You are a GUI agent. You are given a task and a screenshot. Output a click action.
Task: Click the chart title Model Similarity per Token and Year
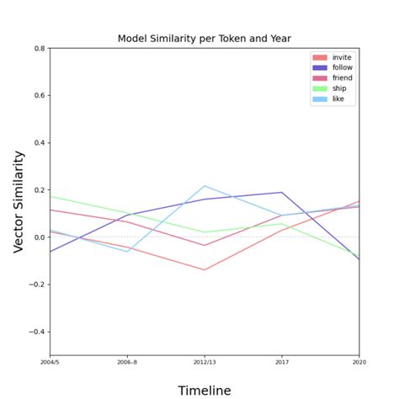204,39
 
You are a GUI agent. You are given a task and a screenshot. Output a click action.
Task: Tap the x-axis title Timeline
204,390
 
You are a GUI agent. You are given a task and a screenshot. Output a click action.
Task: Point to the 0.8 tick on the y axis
40,49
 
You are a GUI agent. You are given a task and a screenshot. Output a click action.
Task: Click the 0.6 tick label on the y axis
40,96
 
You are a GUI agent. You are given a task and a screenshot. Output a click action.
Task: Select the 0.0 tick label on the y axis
40,237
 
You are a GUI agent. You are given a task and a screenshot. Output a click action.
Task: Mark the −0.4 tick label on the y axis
38,332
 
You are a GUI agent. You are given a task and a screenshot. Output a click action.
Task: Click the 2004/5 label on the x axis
50,363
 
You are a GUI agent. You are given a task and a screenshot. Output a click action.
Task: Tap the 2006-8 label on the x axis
127,363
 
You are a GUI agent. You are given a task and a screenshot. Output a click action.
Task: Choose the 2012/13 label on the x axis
205,363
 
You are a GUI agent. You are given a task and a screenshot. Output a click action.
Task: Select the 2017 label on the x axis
282,363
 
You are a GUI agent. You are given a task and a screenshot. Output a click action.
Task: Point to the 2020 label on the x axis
359,363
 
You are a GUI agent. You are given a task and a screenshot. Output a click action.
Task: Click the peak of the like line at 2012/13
205,186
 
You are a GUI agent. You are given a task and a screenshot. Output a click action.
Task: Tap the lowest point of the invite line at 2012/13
205,270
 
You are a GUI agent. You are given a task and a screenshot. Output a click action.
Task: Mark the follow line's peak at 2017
282,193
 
